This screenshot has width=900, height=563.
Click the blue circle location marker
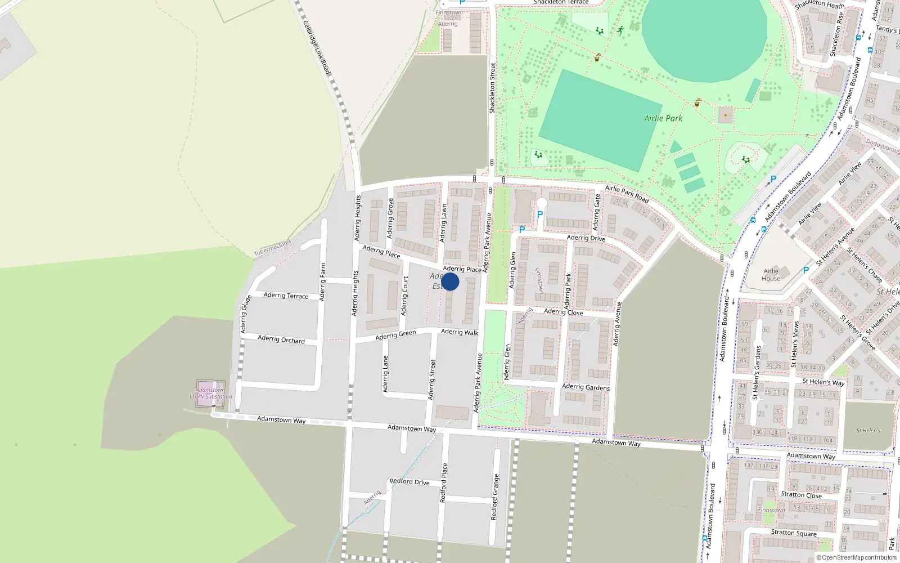(450, 281)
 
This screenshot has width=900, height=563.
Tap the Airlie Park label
(663, 118)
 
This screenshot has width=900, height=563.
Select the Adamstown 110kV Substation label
(210, 393)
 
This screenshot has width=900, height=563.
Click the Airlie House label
(771, 275)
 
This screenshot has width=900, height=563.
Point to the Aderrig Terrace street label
(286, 296)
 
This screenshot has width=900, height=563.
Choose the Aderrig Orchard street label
(281, 339)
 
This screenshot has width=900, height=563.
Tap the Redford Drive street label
(409, 481)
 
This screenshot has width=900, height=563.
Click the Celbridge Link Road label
(316, 47)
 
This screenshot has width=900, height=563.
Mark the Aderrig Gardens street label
(586, 387)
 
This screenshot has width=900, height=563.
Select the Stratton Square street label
(794, 533)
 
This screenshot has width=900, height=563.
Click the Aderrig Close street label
(563, 312)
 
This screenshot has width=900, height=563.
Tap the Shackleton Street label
(493, 88)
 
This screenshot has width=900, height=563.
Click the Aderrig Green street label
(395, 335)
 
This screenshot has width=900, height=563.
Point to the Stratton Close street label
(801, 495)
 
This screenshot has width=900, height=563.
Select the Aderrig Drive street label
(586, 238)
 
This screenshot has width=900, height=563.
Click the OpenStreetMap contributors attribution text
(857, 558)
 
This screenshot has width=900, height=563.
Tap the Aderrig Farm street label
(322, 282)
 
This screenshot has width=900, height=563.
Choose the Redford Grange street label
(494, 497)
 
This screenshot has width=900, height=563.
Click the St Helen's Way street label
(823, 382)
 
